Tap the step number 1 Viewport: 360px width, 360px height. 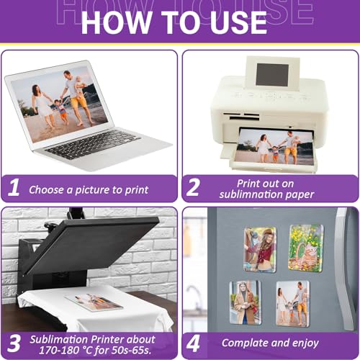coord(14,187)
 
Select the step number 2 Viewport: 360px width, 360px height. coord(193,187)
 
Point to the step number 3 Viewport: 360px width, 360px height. coord(14,343)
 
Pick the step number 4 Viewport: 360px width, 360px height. coord(193,343)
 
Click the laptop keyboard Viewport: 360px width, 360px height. coord(93,145)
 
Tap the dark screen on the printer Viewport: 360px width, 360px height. coord(272,76)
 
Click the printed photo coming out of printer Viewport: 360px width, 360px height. coord(274,147)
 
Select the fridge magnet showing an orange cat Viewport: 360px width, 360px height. coord(306,248)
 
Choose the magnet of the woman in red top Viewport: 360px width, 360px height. coord(260,250)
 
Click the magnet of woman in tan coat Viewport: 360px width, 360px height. coord(246,303)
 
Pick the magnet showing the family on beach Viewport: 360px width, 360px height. coord(293,304)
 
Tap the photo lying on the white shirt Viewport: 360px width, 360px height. coord(94,302)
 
